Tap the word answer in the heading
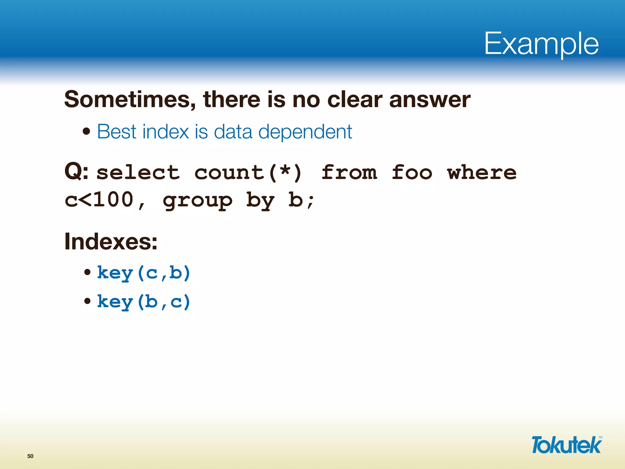click(430, 100)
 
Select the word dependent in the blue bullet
click(305, 132)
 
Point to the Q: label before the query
click(76, 172)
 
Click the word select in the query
click(138, 173)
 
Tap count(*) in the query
click(248, 173)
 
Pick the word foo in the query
click(412, 173)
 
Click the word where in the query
click(482, 173)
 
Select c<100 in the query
click(99, 200)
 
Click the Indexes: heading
click(111, 242)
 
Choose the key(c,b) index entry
click(143, 273)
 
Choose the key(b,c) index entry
click(143, 302)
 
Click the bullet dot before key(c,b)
click(88, 272)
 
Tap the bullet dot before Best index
click(87, 132)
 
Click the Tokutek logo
click(566, 445)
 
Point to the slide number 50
click(30, 456)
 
